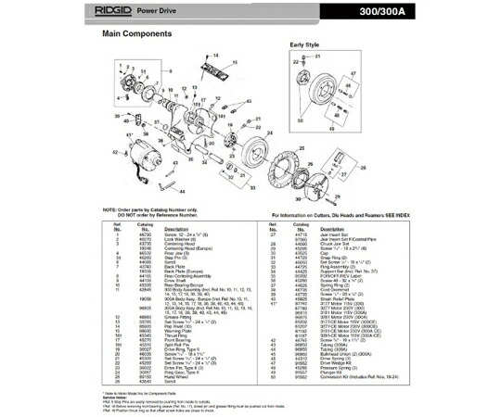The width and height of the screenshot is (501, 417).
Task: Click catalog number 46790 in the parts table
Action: [144, 236]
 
